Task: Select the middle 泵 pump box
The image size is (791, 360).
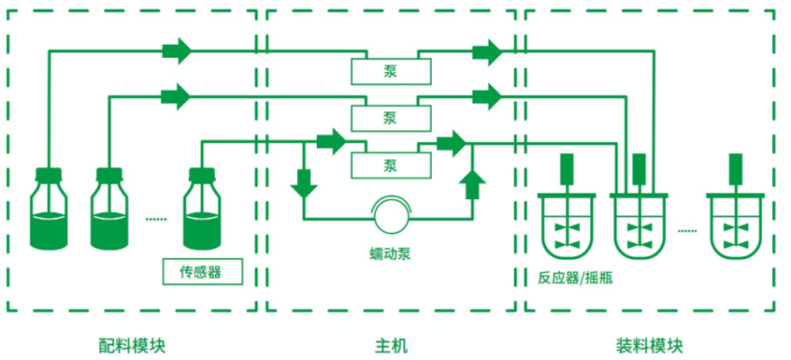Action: coord(390,116)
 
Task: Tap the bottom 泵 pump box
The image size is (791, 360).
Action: coord(390,165)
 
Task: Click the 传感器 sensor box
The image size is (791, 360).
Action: coord(202,270)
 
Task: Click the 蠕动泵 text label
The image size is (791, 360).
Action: coord(390,252)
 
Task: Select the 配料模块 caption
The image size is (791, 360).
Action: coord(132,345)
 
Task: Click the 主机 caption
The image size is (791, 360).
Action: coord(390,345)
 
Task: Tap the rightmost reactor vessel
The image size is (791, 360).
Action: coord(735,225)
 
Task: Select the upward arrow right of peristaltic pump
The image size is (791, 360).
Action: coord(472,183)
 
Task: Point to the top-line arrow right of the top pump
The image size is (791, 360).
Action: coord(487,51)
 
